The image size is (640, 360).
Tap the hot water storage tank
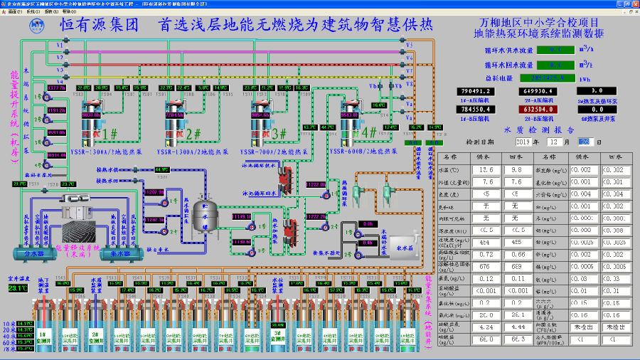(205, 215)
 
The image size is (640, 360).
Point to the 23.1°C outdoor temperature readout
(18, 288)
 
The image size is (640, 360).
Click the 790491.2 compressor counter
(477, 91)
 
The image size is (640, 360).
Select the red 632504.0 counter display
(538, 110)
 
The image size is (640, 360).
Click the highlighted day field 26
(584, 142)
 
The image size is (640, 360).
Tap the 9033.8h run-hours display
(92, 115)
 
